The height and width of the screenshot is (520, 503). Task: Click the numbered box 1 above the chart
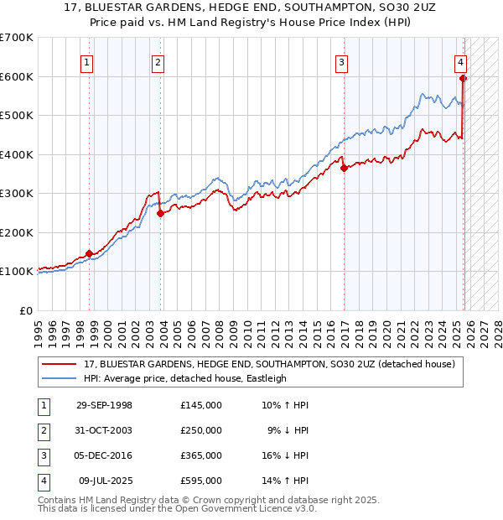(x=88, y=60)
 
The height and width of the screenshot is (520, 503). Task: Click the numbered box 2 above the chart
(x=158, y=60)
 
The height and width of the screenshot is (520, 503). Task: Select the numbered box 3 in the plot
(x=342, y=60)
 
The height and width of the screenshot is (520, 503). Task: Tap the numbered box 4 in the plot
(x=461, y=60)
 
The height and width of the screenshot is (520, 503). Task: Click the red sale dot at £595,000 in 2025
(x=463, y=79)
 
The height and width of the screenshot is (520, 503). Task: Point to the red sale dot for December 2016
(x=344, y=168)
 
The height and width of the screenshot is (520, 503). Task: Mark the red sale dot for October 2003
(x=161, y=213)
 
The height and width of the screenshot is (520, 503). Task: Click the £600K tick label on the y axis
(x=17, y=76)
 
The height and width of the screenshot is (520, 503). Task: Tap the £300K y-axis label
(x=17, y=193)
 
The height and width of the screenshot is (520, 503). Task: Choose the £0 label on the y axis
(x=26, y=310)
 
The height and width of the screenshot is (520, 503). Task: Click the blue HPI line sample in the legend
(x=60, y=378)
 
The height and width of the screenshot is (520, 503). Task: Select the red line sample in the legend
(x=60, y=364)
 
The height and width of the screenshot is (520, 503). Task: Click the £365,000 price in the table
(x=201, y=455)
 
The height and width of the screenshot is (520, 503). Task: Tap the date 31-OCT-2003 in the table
(x=104, y=430)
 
